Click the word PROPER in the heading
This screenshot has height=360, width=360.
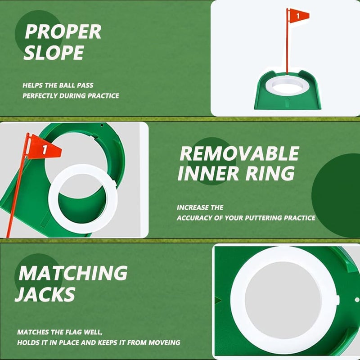point(63,32)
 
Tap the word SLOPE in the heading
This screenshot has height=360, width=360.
point(54,53)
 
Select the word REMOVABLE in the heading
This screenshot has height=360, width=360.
point(239,154)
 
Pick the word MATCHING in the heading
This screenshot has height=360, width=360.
point(73,273)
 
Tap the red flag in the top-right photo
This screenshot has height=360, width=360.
point(299,16)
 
